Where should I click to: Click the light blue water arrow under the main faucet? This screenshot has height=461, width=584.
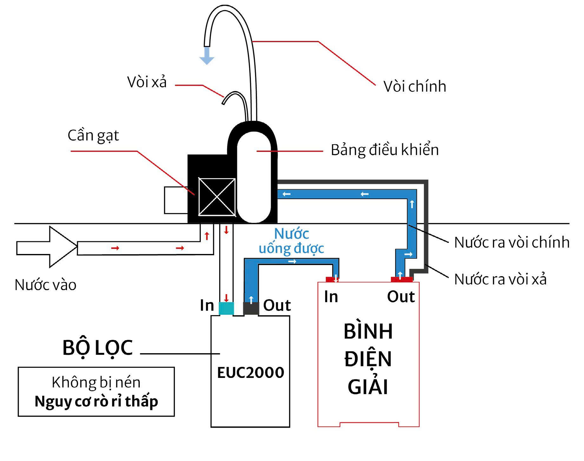(207, 56)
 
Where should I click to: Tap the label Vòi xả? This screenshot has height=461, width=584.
(147, 82)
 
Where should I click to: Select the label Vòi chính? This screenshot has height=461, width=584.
(415, 87)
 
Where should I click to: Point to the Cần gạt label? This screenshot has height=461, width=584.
(93, 136)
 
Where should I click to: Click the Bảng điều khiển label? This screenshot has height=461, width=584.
(385, 150)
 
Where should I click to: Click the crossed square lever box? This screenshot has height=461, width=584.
(217, 197)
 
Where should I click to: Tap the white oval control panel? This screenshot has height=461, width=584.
(254, 178)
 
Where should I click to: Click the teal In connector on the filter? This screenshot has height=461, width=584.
(226, 308)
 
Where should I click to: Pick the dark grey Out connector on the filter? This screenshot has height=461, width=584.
(251, 308)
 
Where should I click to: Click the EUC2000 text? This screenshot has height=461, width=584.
(251, 373)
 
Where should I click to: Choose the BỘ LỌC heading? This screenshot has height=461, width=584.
(97, 348)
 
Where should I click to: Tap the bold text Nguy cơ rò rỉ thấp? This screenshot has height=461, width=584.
(96, 401)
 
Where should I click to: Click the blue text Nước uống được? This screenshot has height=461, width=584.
(292, 241)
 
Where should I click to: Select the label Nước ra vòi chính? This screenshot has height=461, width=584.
(512, 243)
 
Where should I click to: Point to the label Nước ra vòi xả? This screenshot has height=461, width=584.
(500, 279)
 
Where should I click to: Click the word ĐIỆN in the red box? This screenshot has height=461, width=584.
(368, 359)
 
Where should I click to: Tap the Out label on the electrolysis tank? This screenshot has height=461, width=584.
(401, 297)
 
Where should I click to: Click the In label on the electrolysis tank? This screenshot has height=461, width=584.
(331, 297)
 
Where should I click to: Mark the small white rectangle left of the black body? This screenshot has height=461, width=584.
(176, 200)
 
